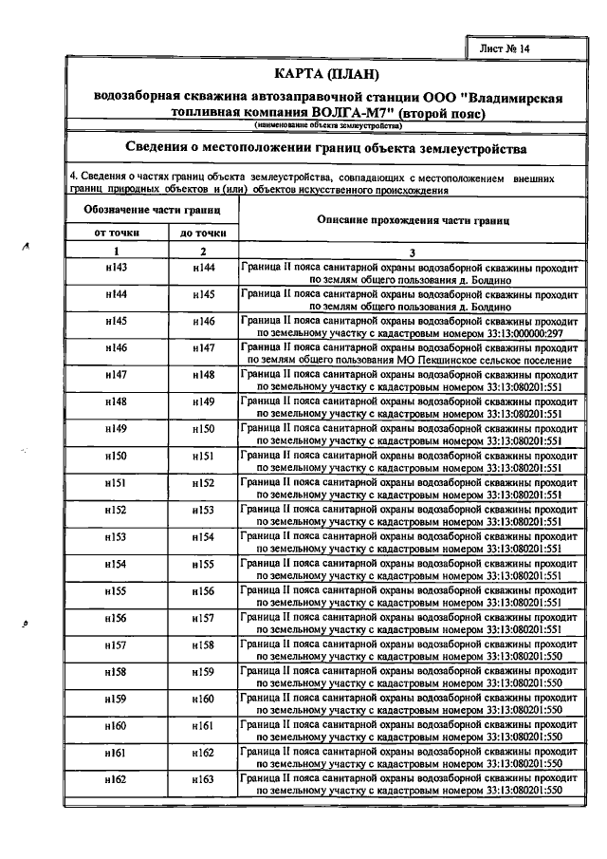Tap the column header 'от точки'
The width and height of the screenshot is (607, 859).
pyautogui.click(x=116, y=233)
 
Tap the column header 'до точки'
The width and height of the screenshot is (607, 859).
pyautogui.click(x=202, y=233)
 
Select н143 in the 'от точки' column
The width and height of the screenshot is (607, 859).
pyautogui.click(x=117, y=269)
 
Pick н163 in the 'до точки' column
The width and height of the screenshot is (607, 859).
pyautogui.click(x=203, y=781)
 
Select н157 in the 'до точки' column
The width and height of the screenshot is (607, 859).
pyautogui.click(x=203, y=620)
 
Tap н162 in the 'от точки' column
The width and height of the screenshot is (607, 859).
pyautogui.click(x=117, y=781)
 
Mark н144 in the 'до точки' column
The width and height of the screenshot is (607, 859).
pyautogui.click(x=203, y=269)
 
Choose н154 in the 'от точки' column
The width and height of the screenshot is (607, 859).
pyautogui.click(x=117, y=565)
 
